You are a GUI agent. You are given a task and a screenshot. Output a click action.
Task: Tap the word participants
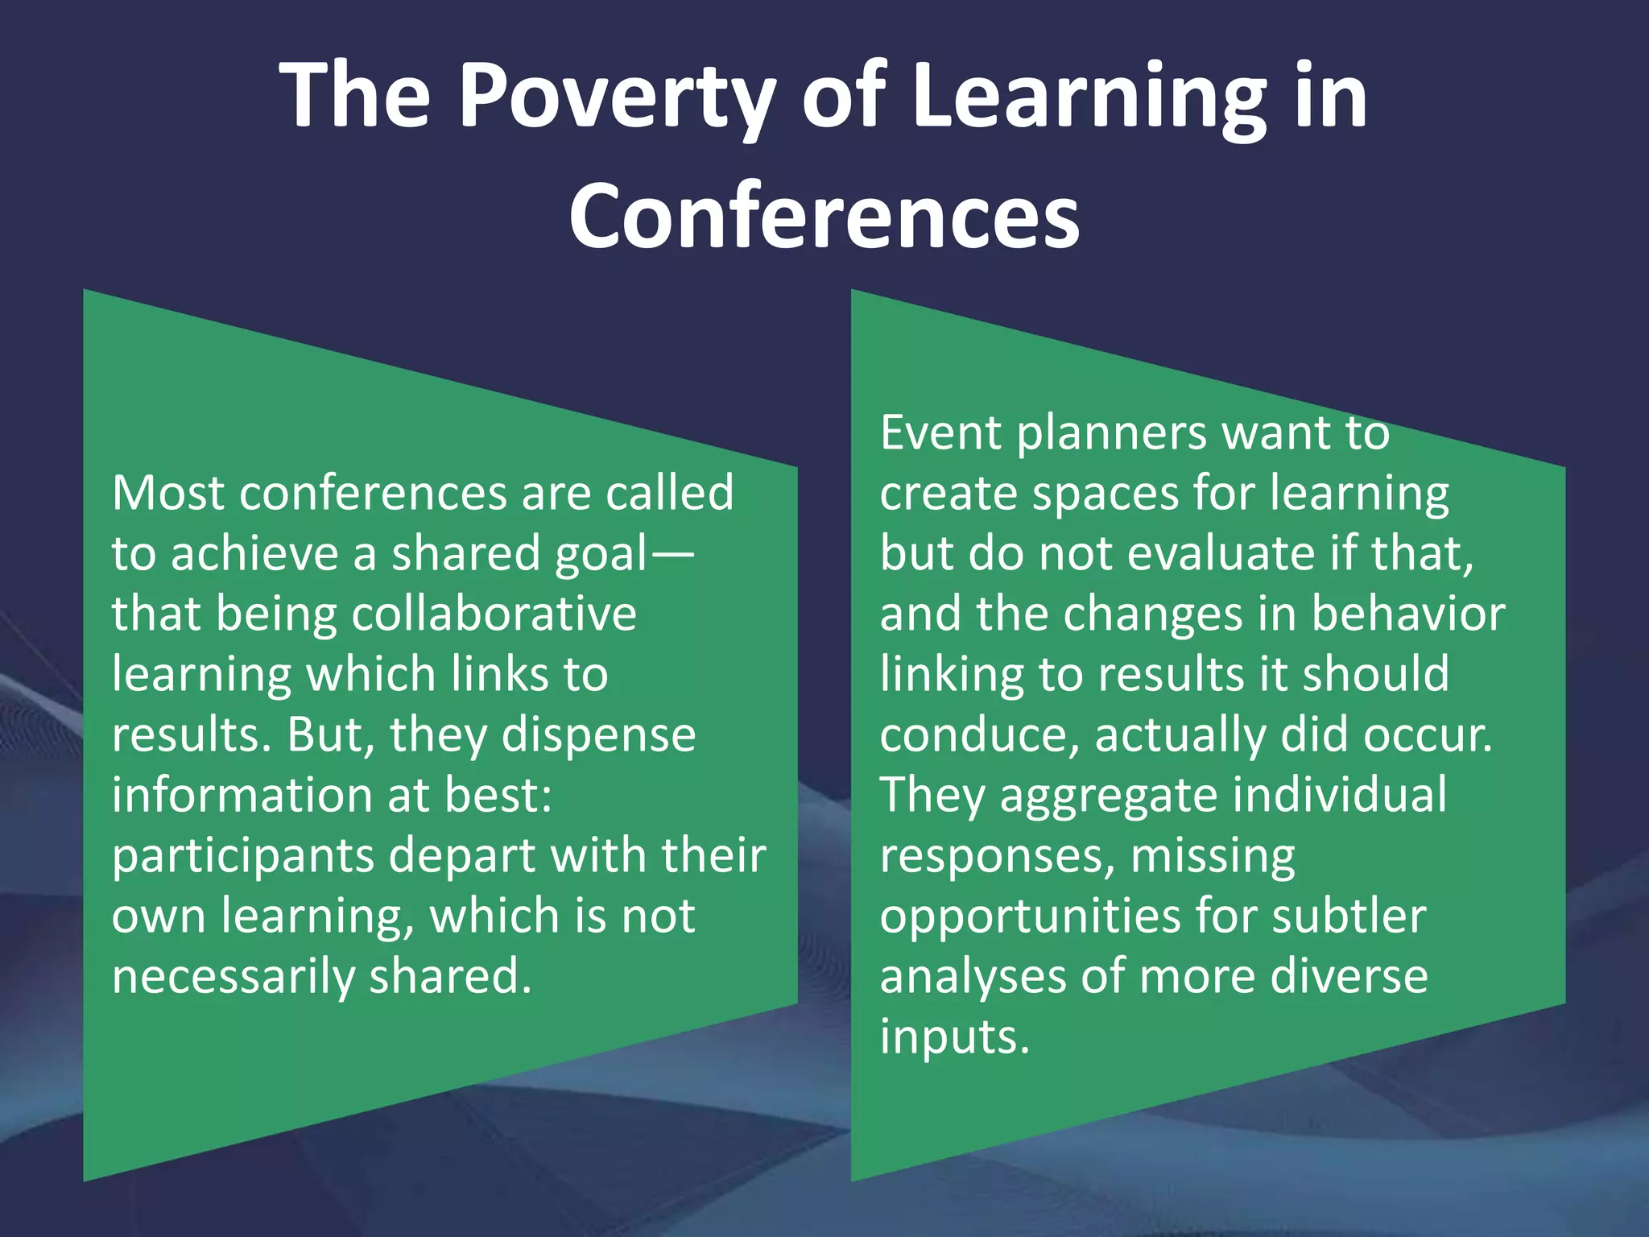pos(242,857)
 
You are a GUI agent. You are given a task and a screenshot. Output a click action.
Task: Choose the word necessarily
pos(233,978)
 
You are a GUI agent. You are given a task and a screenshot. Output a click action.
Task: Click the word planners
pos(1111,434)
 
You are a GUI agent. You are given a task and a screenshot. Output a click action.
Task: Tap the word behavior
pos(1408,614)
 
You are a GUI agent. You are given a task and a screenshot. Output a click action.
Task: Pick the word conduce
pos(979,736)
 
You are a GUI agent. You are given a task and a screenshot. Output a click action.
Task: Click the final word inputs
pos(954,1038)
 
